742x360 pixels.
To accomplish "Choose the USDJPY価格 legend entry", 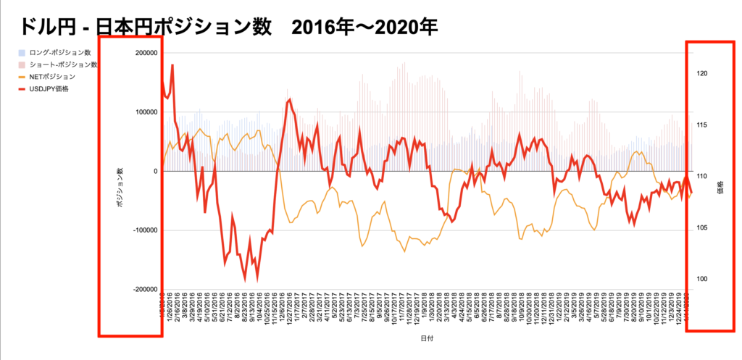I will click(x=51, y=88).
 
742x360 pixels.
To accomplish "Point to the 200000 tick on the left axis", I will click(x=144, y=54).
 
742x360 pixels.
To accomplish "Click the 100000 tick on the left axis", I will click(x=144, y=112).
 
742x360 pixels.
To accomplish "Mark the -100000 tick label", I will click(x=143, y=230).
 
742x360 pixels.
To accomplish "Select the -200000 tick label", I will click(x=143, y=289).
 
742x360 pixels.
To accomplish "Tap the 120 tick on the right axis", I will click(x=702, y=74).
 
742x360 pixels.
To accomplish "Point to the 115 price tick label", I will click(x=702, y=125).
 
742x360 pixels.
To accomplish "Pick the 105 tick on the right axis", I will click(x=702, y=228).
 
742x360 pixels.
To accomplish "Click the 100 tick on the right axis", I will click(x=702, y=280).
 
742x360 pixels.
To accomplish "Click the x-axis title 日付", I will click(x=428, y=338).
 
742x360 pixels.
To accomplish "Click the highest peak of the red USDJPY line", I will click(x=172, y=65).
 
